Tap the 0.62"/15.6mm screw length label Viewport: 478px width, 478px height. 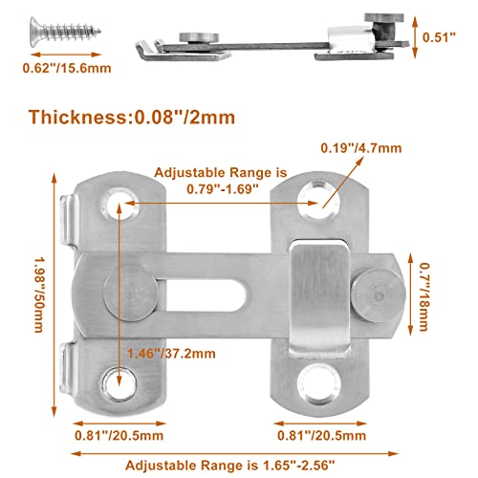(x=66, y=70)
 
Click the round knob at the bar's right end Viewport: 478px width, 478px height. (x=375, y=289)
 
